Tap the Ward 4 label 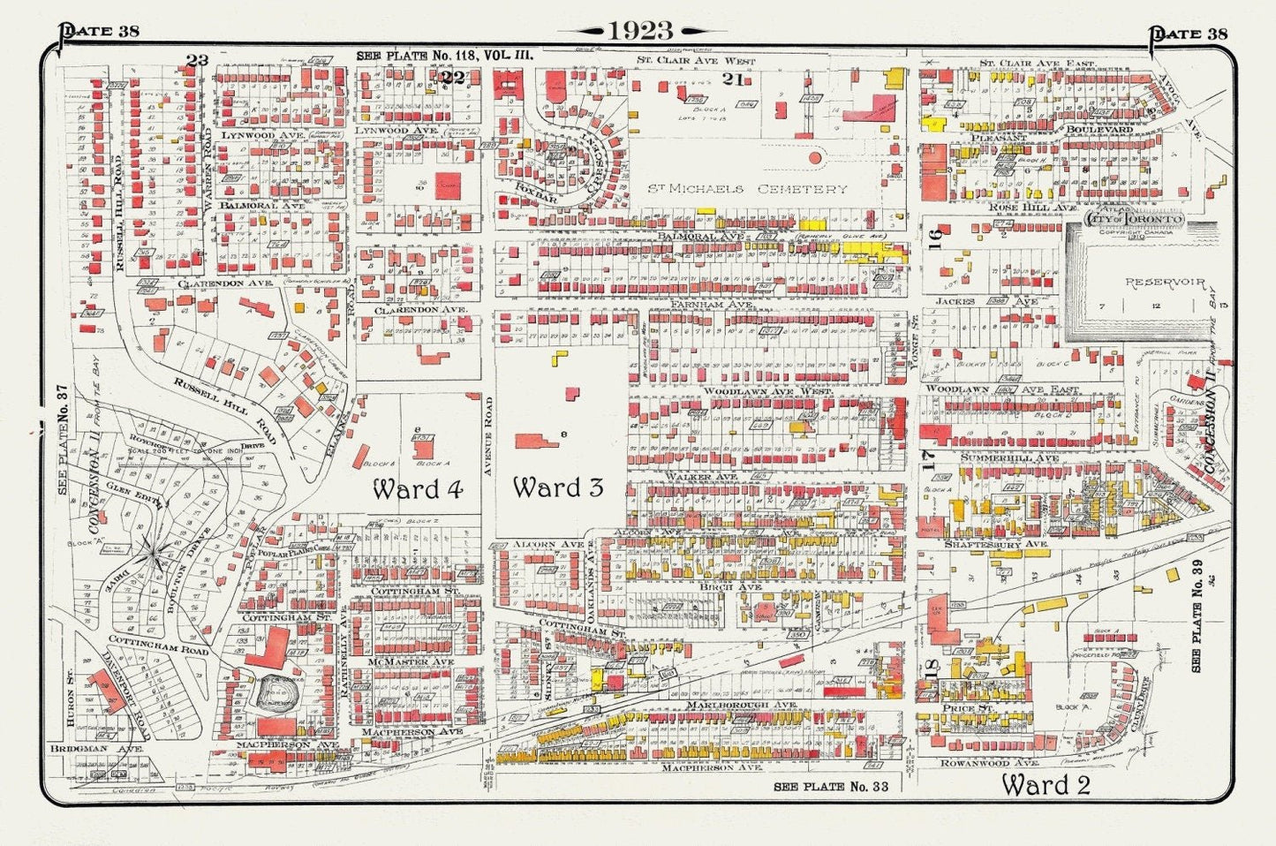tap(418, 488)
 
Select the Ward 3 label tap(558, 487)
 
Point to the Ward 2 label tap(1045, 784)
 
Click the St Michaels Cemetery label tap(747, 189)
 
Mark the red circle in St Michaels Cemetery tap(815, 158)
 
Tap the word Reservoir tap(1165, 283)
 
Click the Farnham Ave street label tap(721, 304)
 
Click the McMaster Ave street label tap(411, 661)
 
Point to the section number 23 tap(197, 60)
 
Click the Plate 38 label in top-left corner tap(99, 33)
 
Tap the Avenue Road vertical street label tap(487, 436)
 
